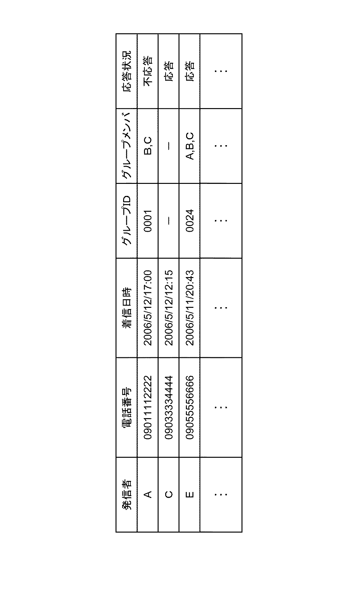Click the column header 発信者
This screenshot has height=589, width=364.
(x=127, y=494)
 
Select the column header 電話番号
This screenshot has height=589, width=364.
(x=127, y=407)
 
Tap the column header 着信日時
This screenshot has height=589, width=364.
(x=127, y=308)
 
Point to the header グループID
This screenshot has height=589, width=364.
(x=127, y=221)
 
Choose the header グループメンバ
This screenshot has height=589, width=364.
(x=127, y=146)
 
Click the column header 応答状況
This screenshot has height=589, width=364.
(x=127, y=71)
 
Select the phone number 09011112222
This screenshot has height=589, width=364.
(x=148, y=407)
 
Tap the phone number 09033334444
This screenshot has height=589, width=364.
(x=169, y=407)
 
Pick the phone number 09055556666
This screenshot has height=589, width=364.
(x=190, y=407)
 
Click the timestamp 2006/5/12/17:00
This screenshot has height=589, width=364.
(x=148, y=308)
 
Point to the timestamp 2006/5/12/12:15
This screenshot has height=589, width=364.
(x=169, y=308)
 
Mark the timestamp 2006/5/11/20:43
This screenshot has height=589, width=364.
(x=190, y=308)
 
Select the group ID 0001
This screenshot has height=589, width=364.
(x=148, y=221)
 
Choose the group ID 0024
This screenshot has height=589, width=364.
(x=190, y=221)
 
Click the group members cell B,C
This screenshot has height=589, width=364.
(x=148, y=146)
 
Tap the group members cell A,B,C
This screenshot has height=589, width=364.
(x=190, y=146)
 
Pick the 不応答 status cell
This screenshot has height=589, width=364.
(x=148, y=71)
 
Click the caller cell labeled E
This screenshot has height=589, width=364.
(x=190, y=494)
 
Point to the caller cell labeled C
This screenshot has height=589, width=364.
(x=169, y=494)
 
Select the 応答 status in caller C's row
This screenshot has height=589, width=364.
(x=169, y=71)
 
